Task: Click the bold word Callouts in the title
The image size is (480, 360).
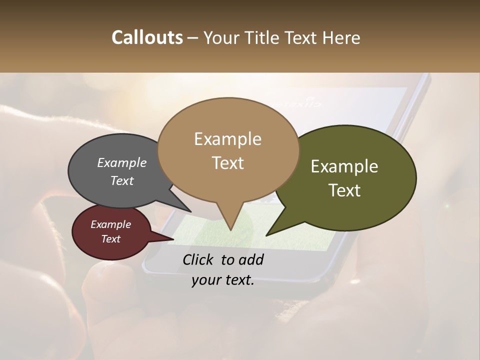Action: point(147,38)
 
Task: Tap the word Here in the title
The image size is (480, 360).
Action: point(342,38)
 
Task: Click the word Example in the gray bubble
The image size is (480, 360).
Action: point(122,163)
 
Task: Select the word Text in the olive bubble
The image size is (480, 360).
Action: point(345,190)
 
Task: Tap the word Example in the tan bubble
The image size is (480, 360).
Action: point(227,139)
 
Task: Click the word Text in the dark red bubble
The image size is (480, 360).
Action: point(111,239)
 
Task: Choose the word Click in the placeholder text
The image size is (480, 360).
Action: point(199,259)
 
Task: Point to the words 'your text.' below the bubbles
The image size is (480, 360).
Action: point(223,280)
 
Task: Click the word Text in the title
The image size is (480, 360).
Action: point(303,38)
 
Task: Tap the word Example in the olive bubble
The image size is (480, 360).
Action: point(344,166)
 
